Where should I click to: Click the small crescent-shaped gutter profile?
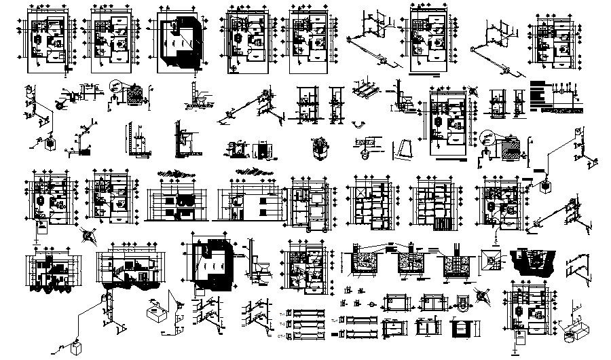pos(360,125)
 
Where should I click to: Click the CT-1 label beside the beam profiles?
pos(282,334)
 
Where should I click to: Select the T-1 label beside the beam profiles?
pos(282,312)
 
